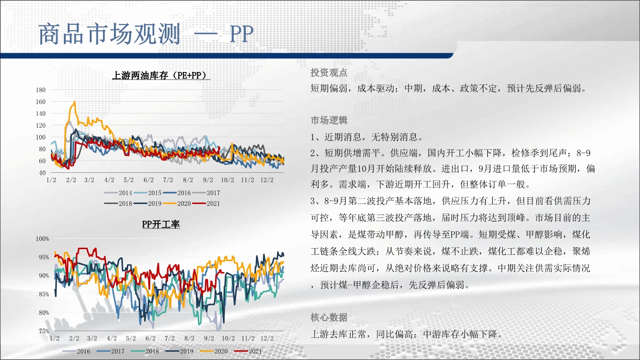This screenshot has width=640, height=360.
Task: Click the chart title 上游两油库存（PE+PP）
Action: (x=161, y=75)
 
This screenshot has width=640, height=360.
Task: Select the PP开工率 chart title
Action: (x=161, y=224)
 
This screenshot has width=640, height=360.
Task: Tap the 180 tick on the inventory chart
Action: (x=41, y=90)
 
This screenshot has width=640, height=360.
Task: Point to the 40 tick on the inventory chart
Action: (x=42, y=173)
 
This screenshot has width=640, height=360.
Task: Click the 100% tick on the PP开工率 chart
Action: (x=42, y=239)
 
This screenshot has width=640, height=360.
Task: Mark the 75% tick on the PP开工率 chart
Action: (x=44, y=331)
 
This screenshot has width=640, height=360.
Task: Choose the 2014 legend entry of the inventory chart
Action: (x=118, y=193)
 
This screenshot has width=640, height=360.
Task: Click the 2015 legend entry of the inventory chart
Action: (x=148, y=193)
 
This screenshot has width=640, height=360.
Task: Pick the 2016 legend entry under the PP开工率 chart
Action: (x=76, y=351)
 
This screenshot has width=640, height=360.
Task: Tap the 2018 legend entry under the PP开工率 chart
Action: (x=145, y=351)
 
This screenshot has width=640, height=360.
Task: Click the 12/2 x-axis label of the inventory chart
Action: (x=267, y=180)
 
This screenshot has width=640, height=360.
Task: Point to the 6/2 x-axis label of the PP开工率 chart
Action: (x=150, y=338)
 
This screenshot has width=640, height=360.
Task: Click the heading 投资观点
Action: (x=329, y=72)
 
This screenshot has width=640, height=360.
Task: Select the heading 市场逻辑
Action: (x=329, y=120)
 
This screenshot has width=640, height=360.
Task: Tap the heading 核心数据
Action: (x=329, y=317)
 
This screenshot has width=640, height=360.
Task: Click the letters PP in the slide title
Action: (x=242, y=35)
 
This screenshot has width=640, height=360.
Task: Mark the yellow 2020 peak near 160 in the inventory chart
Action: (x=74, y=101)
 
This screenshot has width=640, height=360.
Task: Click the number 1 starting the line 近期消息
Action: (x=313, y=137)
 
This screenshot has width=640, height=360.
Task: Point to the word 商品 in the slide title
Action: (x=61, y=34)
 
